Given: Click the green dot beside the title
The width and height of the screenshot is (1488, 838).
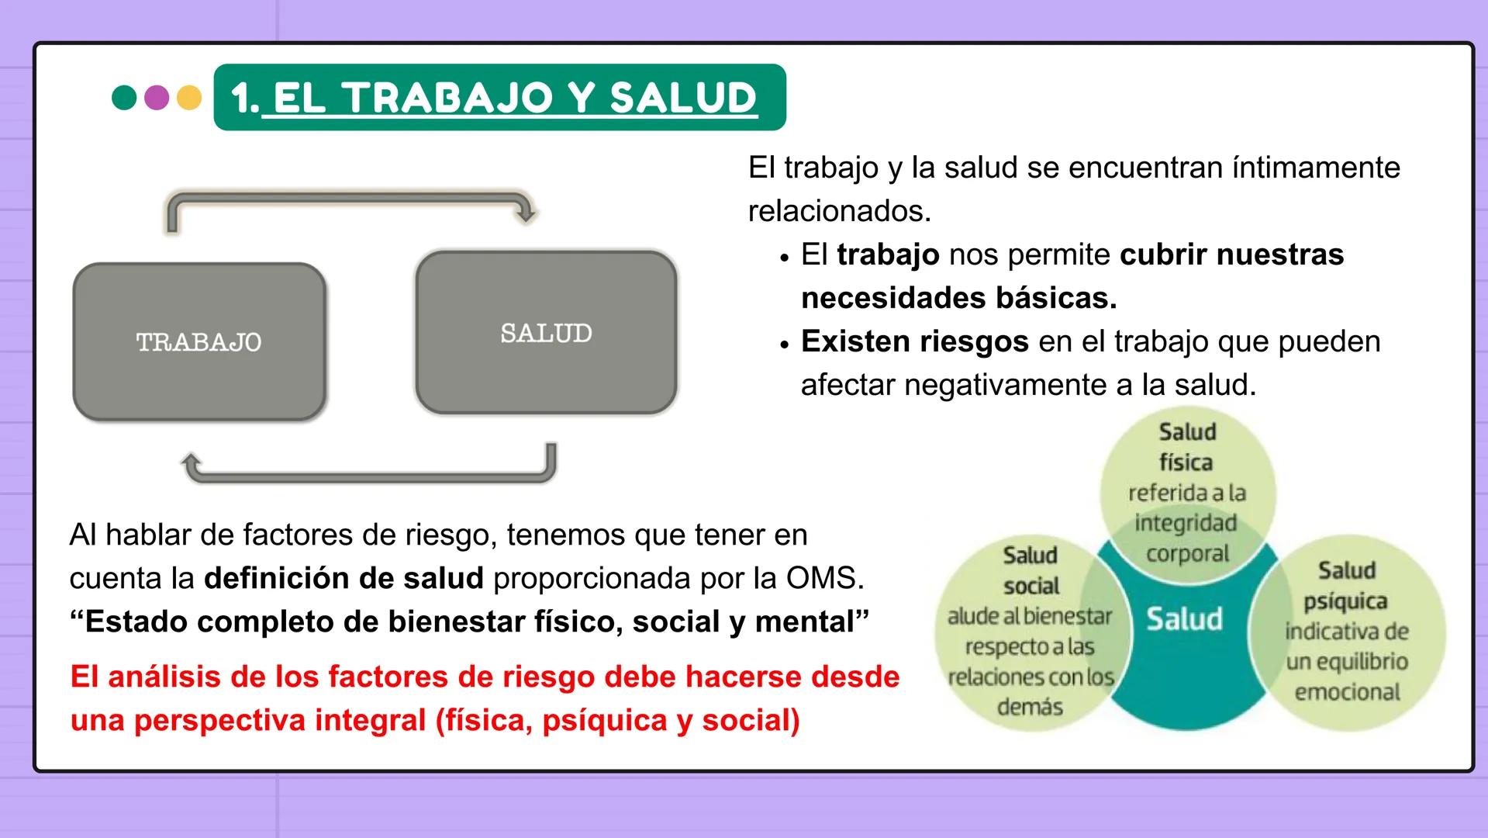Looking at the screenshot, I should pyautogui.click(x=124, y=98).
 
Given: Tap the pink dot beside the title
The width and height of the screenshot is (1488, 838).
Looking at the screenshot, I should pyautogui.click(x=157, y=98).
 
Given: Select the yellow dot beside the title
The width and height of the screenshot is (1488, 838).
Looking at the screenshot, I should pyautogui.click(x=189, y=98).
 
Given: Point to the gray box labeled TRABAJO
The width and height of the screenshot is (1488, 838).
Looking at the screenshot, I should pyautogui.click(x=199, y=342).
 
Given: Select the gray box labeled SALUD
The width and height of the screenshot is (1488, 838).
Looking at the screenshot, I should pyautogui.click(x=546, y=333).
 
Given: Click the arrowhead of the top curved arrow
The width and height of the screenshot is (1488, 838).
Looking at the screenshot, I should pyautogui.click(x=526, y=213).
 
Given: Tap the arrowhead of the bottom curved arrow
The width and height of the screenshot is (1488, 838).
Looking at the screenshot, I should pyautogui.click(x=190, y=463).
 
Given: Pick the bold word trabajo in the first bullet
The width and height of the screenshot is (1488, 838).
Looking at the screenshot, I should pyautogui.click(x=888, y=255).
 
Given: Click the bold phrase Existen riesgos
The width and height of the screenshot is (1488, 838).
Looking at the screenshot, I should pyautogui.click(x=914, y=341).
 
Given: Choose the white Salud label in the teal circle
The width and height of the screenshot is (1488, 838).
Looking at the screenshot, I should pyautogui.click(x=1184, y=619).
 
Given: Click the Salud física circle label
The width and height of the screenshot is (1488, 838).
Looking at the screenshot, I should pyautogui.click(x=1186, y=447).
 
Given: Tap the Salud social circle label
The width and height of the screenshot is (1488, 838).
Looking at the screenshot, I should pyautogui.click(x=1031, y=570).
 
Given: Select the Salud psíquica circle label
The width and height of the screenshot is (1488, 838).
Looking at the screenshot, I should pyautogui.click(x=1346, y=586).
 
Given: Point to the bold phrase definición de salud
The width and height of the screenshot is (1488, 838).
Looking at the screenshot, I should pyautogui.click(x=344, y=578).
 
